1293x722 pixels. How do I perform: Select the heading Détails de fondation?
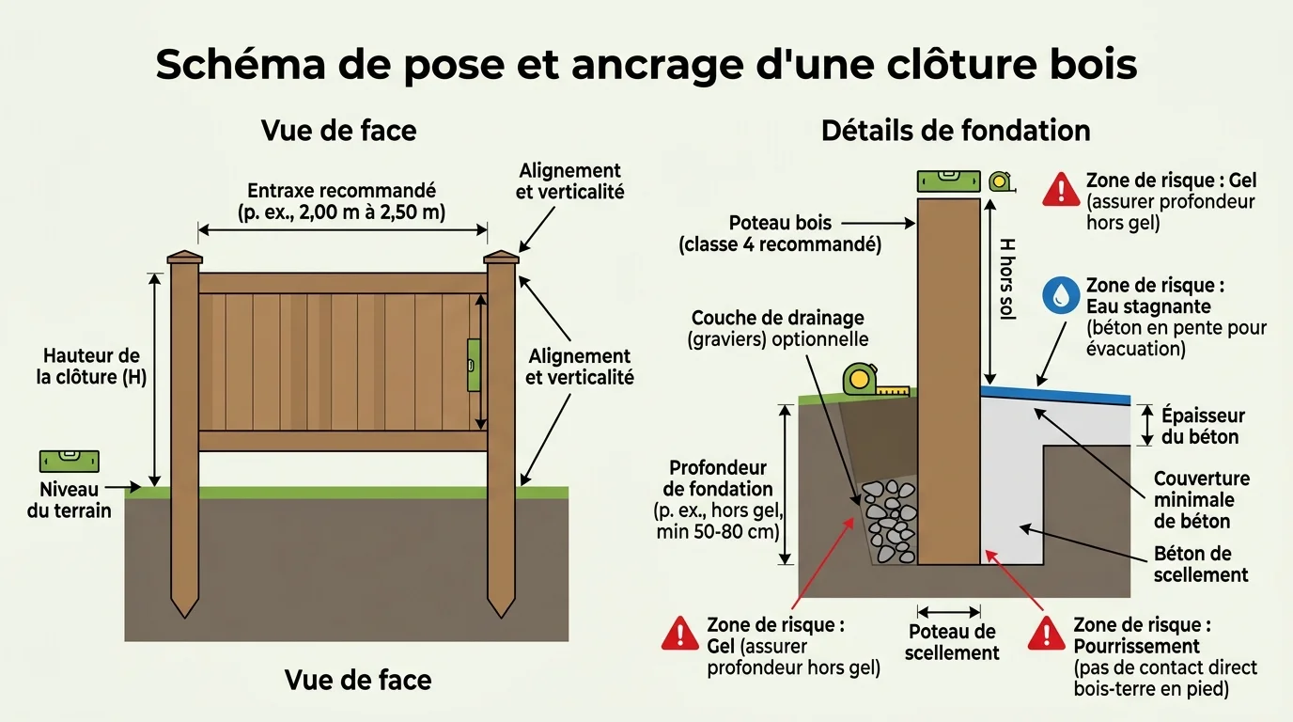click(x=956, y=130)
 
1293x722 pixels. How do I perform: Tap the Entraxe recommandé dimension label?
click(x=341, y=201)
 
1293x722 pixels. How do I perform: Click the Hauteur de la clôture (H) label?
click(x=91, y=367)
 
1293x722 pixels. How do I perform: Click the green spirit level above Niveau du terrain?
click(x=69, y=461)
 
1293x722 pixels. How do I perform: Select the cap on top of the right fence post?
click(x=501, y=257)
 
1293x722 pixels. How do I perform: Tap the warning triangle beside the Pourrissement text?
click(x=1046, y=635)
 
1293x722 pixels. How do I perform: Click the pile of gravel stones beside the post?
click(x=890, y=522)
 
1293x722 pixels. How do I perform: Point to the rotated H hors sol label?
click(x=1005, y=279)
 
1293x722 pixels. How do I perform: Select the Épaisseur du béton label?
click(x=1202, y=426)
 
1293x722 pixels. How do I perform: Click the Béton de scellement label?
click(x=1201, y=564)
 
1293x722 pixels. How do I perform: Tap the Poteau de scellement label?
click(x=951, y=642)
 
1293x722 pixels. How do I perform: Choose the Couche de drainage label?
click(x=778, y=329)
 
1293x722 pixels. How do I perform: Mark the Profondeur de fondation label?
click(x=719, y=499)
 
